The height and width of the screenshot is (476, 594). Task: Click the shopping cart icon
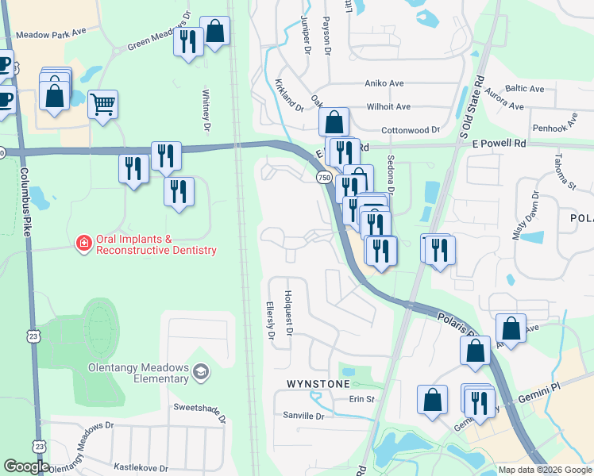pyautogui.click(x=103, y=103)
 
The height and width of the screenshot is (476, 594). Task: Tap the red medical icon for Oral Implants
pyautogui.click(x=83, y=244)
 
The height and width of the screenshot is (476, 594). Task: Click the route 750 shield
pyautogui.click(x=324, y=179)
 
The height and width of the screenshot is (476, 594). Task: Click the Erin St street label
pyautogui.click(x=360, y=399)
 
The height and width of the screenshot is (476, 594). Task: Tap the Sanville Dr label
pyautogui.click(x=303, y=416)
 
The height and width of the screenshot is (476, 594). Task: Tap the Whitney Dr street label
pyautogui.click(x=206, y=110)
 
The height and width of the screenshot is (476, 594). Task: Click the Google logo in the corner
pyautogui.click(x=26, y=466)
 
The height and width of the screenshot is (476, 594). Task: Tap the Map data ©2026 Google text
pyautogui.click(x=545, y=470)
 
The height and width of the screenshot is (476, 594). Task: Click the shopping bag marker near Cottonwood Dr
pyautogui.click(x=334, y=122)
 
